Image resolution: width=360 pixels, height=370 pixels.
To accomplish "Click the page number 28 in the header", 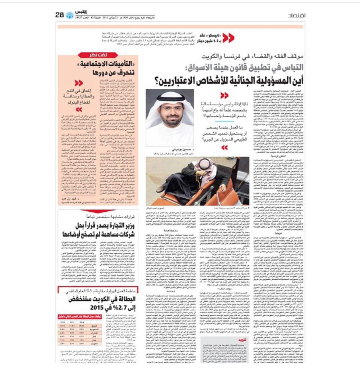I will pyautogui.click(x=60, y=14).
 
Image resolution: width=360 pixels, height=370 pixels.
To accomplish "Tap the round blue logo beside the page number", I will pyautogui.click(x=70, y=15).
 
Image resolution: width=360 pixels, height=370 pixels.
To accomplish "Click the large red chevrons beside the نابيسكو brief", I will pyautogui.click(x=228, y=38).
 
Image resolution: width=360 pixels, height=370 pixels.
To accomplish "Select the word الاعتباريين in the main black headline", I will pyautogui.click(x=180, y=81).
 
